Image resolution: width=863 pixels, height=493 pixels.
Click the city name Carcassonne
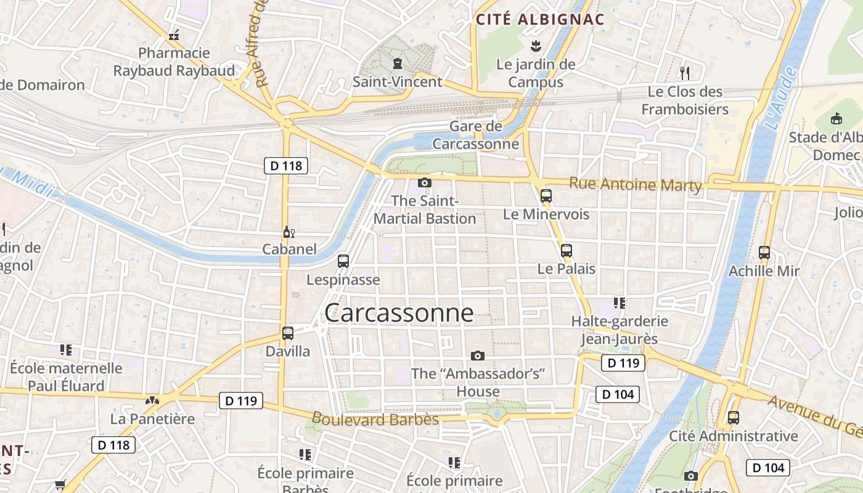click(399, 313)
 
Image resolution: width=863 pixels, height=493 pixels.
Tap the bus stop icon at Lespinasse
click(343, 261)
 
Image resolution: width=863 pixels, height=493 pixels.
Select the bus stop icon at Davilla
click(287, 333)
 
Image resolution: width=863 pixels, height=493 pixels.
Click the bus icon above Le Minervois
click(546, 196)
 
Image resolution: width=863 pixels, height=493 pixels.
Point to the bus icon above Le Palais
click(566, 251)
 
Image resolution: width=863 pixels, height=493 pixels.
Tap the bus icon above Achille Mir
click(764, 252)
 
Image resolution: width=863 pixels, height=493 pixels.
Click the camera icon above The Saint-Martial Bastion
click(424, 182)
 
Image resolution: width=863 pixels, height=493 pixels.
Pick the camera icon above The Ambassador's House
click(477, 356)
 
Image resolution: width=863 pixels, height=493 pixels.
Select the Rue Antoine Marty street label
click(636, 184)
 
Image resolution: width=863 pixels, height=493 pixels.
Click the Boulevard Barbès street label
click(375, 419)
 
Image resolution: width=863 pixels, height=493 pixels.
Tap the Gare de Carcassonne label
click(476, 135)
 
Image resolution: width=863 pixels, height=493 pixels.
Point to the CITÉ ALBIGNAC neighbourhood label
click(540, 19)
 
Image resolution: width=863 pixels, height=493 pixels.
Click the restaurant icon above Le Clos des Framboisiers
click(684, 73)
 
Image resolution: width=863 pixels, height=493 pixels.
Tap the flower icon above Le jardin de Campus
click(536, 46)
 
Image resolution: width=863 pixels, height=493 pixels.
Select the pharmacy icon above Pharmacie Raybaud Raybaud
click(174, 35)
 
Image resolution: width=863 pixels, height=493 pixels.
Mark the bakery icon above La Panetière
click(152, 401)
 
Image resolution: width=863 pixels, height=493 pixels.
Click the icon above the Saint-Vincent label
click(397, 63)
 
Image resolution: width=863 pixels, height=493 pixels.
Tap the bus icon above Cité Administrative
click(733, 417)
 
